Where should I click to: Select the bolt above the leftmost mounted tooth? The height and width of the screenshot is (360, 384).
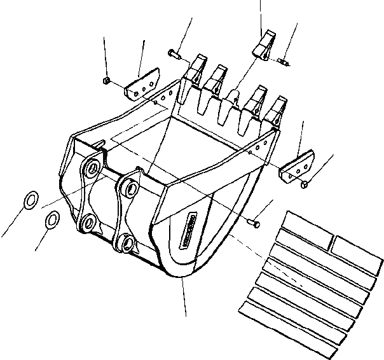click(x=174, y=54)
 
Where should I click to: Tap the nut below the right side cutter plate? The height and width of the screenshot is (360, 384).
click(x=306, y=184)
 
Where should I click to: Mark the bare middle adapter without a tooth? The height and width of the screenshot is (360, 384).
click(x=233, y=100)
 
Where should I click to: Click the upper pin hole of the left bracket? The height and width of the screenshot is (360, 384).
click(x=93, y=168)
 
